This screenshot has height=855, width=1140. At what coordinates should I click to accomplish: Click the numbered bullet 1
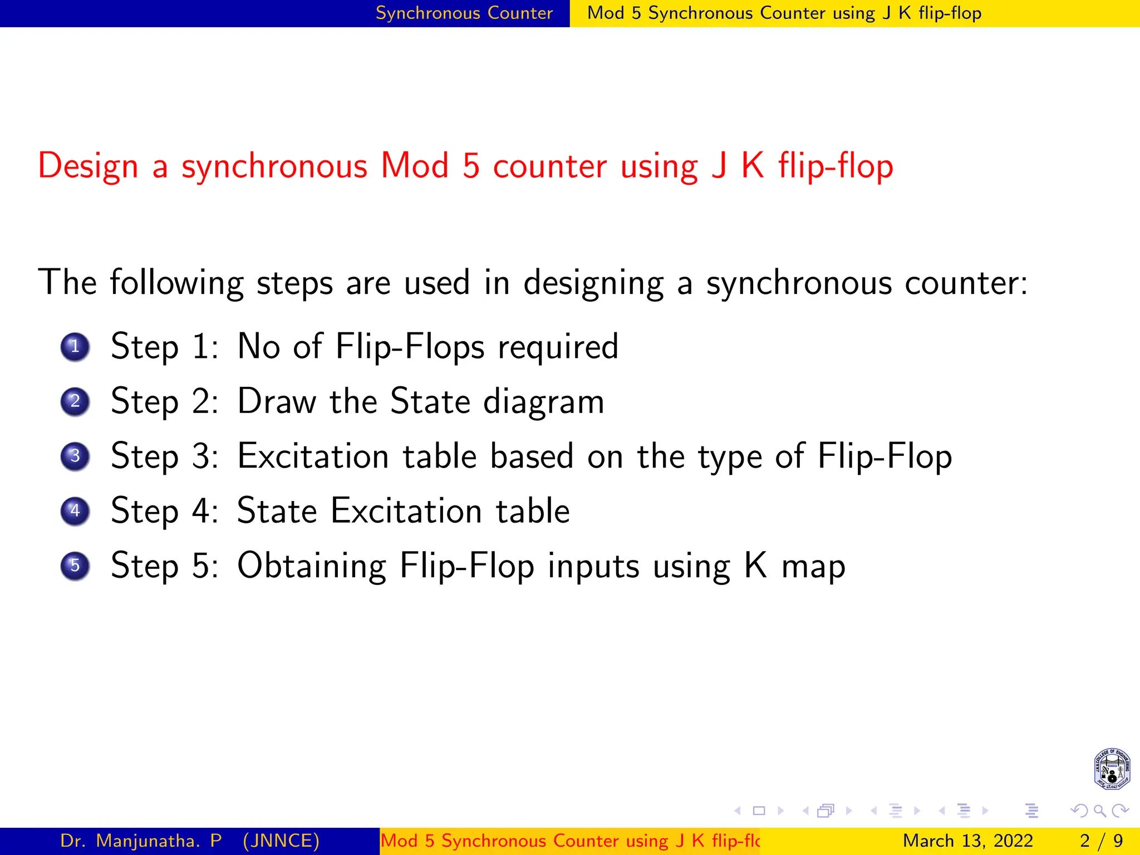click(x=75, y=347)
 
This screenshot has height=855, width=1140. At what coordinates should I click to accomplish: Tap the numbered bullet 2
click(x=75, y=401)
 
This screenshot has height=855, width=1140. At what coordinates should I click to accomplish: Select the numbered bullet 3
click(x=75, y=456)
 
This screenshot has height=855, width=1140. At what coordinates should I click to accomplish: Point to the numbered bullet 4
click(x=75, y=511)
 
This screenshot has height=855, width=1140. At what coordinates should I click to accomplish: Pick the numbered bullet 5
click(x=75, y=566)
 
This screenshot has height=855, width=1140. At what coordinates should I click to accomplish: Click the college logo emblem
click(x=1112, y=769)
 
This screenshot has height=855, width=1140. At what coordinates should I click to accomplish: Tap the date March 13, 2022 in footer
click(x=967, y=841)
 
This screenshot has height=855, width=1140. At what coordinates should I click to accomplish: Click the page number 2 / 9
click(x=1101, y=841)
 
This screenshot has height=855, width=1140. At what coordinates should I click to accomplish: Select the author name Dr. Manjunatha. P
click(x=141, y=841)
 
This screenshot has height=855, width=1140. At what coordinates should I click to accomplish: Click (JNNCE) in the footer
click(x=281, y=841)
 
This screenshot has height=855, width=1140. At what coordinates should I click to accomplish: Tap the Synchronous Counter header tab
click(x=464, y=13)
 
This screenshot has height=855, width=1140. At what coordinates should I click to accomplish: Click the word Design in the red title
click(x=88, y=166)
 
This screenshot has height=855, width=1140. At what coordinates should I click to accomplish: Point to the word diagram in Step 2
click(x=543, y=402)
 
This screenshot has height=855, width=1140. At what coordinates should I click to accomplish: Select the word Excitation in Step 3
click(x=313, y=456)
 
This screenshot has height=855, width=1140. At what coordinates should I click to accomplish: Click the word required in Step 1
click(x=558, y=347)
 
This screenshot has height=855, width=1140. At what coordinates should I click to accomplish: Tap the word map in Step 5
click(x=813, y=567)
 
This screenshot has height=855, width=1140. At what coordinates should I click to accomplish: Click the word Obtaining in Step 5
click(x=312, y=567)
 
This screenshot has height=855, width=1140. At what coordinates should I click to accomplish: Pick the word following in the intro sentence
click(x=176, y=283)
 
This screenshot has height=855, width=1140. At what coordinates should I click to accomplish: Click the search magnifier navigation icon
click(x=1099, y=810)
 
